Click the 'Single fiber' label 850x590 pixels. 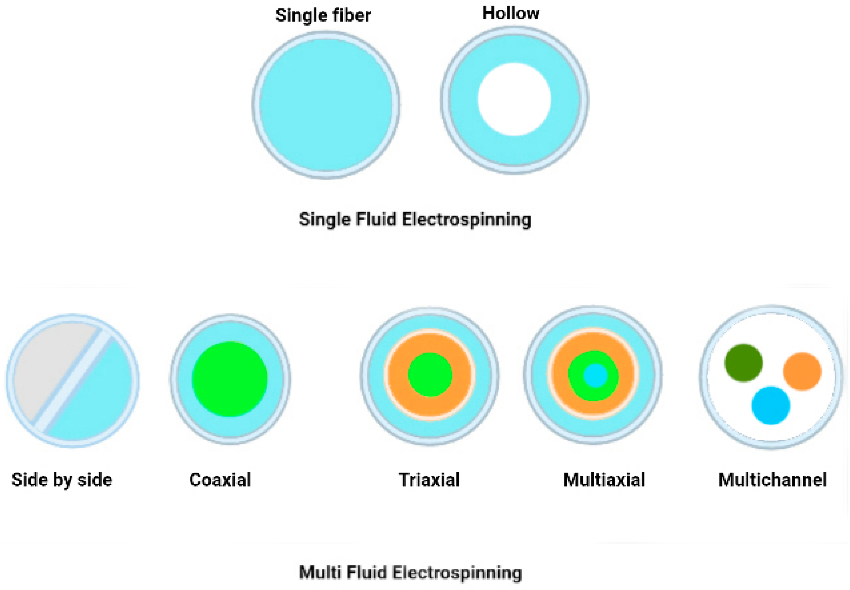coord(323,16)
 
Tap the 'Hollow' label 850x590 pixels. coord(510,13)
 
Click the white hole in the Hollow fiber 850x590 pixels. coord(514,99)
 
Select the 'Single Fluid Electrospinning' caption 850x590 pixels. coord(415,219)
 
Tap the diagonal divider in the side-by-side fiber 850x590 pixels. coord(72,381)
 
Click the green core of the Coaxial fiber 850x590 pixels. coord(230,379)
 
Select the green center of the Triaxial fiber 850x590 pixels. coord(430,374)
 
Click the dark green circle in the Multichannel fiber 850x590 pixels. coord(743,363)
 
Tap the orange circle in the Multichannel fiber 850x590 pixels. coord(802,371)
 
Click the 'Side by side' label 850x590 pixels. coord(62,480)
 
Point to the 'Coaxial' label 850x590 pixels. coord(220,480)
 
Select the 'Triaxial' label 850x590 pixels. coord(429,480)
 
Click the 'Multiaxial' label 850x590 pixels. coord(604,480)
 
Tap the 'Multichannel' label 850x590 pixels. coord(772,480)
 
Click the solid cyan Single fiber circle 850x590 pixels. coord(326,105)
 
